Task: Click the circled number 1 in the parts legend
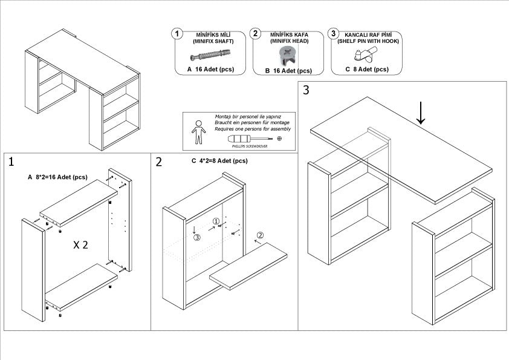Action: [177, 33]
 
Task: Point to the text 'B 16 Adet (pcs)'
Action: [288, 71]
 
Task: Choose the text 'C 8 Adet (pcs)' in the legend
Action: [366, 70]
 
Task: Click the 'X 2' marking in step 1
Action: [82, 245]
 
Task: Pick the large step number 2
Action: [159, 162]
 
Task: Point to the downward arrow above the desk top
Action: [421, 113]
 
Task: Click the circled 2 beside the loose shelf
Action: [260, 235]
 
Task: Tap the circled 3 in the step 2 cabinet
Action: [197, 238]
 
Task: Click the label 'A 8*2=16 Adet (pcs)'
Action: [58, 177]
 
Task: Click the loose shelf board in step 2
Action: [251, 266]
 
